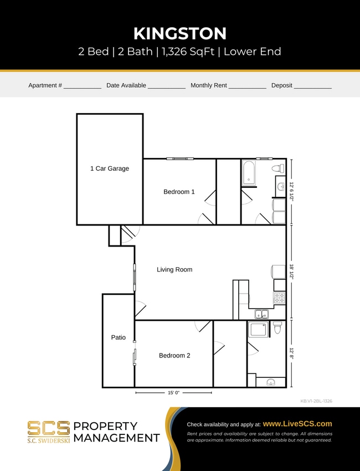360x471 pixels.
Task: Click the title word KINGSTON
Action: coord(180,33)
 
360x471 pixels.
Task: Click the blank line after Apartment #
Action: coord(83,86)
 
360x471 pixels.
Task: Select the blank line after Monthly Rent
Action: coord(247,86)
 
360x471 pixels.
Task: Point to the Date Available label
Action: coord(126,85)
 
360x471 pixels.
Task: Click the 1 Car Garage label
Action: coord(110,168)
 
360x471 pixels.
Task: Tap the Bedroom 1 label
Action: coord(179,192)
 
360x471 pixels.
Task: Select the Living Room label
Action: coord(174,269)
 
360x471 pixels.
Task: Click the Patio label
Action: coord(118,337)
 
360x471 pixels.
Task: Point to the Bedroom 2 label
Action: coord(174,355)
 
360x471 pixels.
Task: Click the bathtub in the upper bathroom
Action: coord(249,172)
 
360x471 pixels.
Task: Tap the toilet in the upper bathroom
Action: coord(277,168)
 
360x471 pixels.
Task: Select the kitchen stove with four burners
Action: coord(279,298)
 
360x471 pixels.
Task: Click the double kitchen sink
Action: coord(260,314)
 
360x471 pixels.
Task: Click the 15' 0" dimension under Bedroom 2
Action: coord(174,392)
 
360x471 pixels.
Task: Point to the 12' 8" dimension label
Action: coord(291,354)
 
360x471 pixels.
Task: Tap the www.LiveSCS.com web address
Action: coord(297,423)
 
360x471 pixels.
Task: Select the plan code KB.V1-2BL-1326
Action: coord(316,401)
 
